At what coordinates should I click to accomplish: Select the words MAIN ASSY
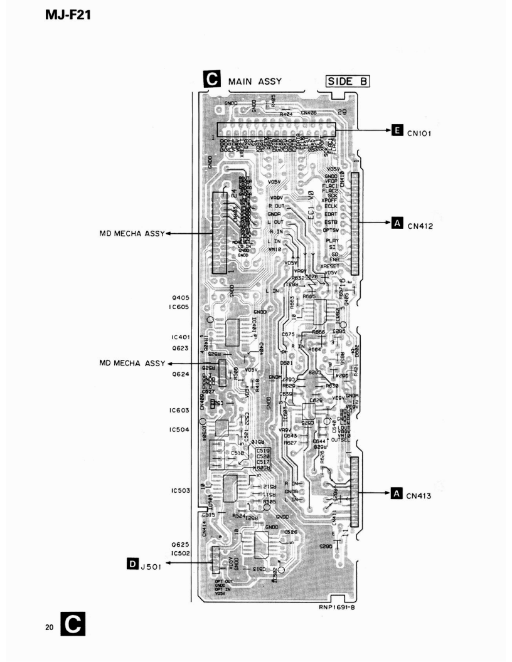[x=255, y=81]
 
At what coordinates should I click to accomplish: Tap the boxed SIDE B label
[x=347, y=81]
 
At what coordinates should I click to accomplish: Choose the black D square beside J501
[x=132, y=565]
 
